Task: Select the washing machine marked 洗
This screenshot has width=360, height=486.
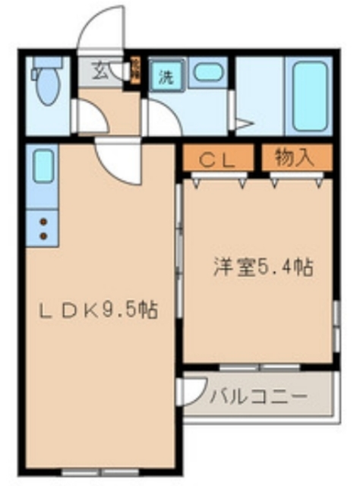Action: coord(166,76)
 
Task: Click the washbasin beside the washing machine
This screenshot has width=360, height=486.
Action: coord(205,74)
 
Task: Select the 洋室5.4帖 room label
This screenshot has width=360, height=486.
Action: coord(263,267)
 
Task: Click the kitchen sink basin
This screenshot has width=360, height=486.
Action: coord(43,165)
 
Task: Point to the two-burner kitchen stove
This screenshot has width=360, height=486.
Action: coord(43,227)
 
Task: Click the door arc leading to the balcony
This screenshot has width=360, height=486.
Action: coord(190,390)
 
